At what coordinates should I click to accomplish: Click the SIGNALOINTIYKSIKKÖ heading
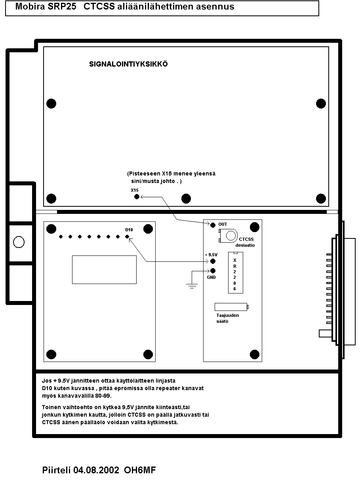[128, 64]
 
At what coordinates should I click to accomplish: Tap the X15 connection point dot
[137, 196]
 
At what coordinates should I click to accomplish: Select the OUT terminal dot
[213, 225]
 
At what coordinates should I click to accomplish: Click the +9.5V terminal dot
[213, 261]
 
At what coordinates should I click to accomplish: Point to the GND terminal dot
[213, 271]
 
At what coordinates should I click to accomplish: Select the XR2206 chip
[235, 273]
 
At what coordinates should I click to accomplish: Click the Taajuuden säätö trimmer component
[231, 307]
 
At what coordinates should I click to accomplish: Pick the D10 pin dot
[127, 237]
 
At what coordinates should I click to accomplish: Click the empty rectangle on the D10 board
[104, 269]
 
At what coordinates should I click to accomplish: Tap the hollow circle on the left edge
[19, 242]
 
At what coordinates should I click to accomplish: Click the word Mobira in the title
[30, 7]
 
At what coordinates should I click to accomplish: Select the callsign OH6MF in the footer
[140, 471]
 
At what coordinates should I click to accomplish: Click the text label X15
[135, 190]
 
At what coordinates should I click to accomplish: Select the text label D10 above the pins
[129, 230]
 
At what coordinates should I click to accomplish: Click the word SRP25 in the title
[63, 7]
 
